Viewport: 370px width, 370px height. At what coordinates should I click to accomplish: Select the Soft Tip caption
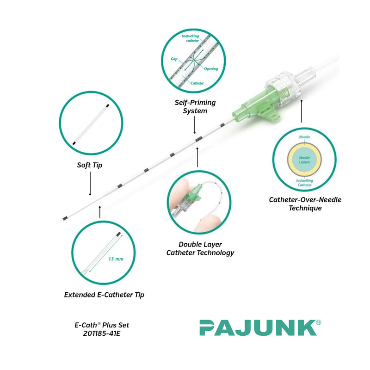pyautogui.click(x=90, y=165)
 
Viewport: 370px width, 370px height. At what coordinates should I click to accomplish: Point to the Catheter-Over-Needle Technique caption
pyautogui.click(x=305, y=204)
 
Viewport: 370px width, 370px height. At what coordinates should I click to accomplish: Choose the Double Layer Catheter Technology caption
pyautogui.click(x=200, y=248)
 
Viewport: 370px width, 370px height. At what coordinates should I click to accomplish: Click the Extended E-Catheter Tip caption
pyautogui.click(x=104, y=295)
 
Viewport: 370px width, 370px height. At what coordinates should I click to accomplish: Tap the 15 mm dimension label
pyautogui.click(x=116, y=259)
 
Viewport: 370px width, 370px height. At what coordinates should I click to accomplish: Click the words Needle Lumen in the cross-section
pyautogui.click(x=304, y=160)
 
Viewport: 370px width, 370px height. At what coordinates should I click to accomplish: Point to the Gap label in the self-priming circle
pyautogui.click(x=174, y=59)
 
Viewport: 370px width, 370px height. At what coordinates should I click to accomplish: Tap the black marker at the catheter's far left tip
pyautogui.click(x=65, y=217)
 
